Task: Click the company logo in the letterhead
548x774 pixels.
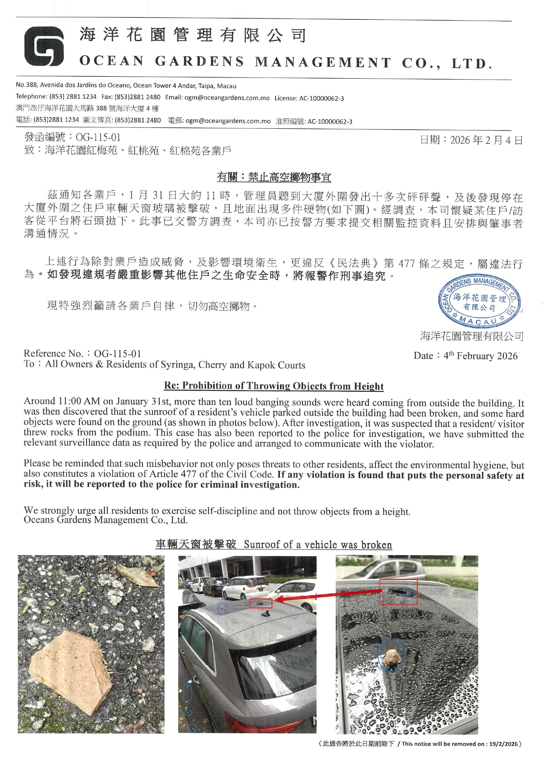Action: pyautogui.click(x=44, y=46)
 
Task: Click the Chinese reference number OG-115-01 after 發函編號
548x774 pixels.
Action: pyautogui.click(x=98, y=137)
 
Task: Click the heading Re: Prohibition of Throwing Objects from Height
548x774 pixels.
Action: pyautogui.click(x=274, y=386)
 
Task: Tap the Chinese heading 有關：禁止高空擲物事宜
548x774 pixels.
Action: pyautogui.click(x=274, y=177)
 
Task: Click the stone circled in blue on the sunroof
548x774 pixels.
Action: pyautogui.click(x=390, y=656)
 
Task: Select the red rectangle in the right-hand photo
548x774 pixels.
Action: pyautogui.click(x=399, y=592)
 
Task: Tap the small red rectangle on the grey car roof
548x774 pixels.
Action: pyautogui.click(x=261, y=603)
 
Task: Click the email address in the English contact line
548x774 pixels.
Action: pyautogui.click(x=227, y=98)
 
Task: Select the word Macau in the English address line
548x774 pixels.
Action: pyautogui.click(x=227, y=86)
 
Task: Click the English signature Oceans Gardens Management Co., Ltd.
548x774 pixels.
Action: pyautogui.click(x=105, y=520)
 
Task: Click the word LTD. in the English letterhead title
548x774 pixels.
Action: pyautogui.click(x=472, y=63)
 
